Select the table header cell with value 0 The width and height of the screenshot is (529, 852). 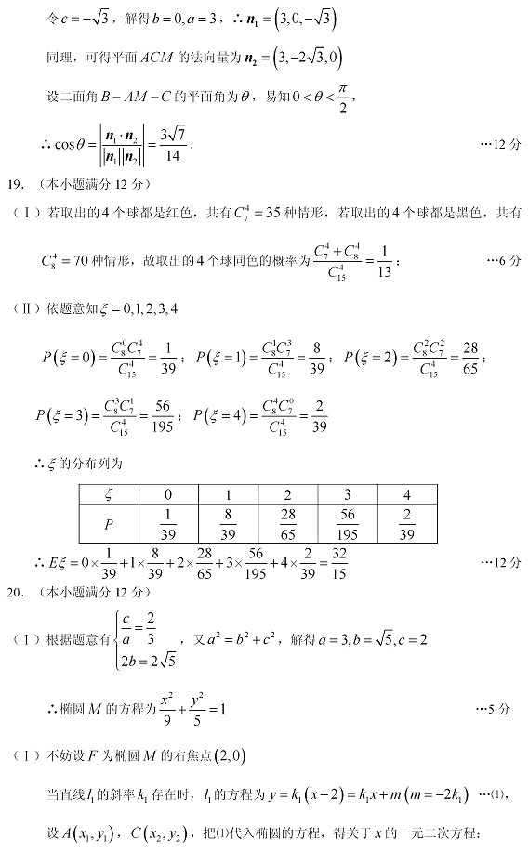point(168,493)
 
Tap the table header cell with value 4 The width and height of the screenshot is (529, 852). point(406,493)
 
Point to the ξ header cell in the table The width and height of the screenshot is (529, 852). point(110,493)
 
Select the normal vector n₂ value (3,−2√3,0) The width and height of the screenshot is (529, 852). point(302,58)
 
